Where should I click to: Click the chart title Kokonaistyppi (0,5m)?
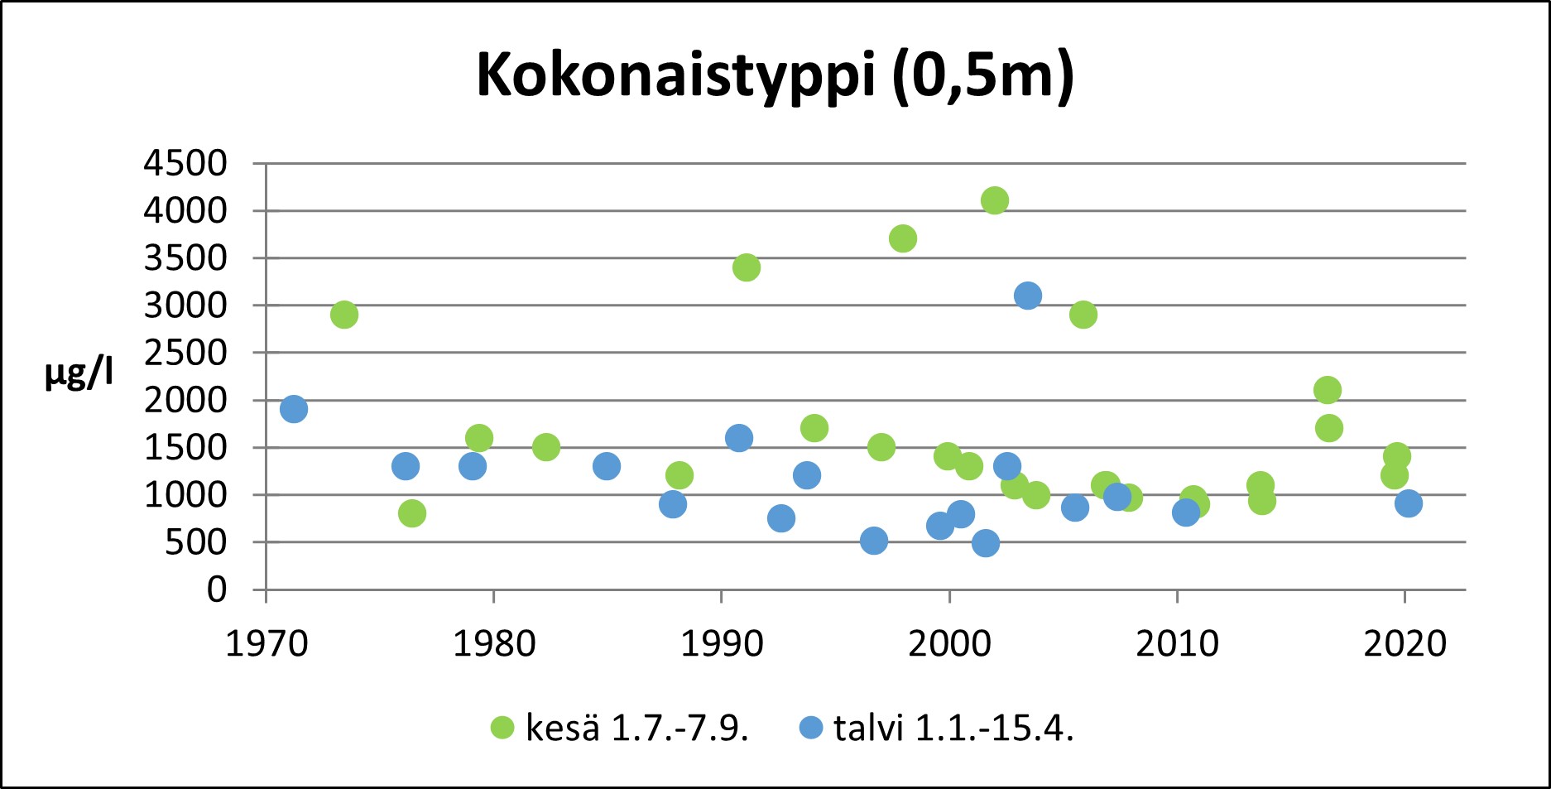point(775,76)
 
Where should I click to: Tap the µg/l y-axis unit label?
point(79,374)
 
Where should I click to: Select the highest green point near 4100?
point(995,200)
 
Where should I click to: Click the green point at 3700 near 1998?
point(903,238)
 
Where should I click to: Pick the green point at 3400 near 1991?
point(746,267)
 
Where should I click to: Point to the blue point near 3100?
point(1028,296)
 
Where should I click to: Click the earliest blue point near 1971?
point(294,409)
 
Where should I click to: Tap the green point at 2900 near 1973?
point(344,315)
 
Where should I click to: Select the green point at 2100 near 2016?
point(1328,390)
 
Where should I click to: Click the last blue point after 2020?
point(1409,503)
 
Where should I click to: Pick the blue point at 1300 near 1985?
point(607,466)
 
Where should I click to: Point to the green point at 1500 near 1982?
point(546,447)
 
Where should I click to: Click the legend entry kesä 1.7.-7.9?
point(620,728)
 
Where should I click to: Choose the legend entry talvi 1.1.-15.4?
point(936,728)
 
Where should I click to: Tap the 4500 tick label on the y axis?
point(185,164)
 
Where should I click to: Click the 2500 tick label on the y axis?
point(185,353)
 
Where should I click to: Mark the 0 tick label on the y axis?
point(217,589)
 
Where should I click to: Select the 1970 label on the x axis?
point(267,644)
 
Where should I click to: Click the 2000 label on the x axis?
point(949,644)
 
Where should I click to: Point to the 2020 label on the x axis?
point(1405,644)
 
